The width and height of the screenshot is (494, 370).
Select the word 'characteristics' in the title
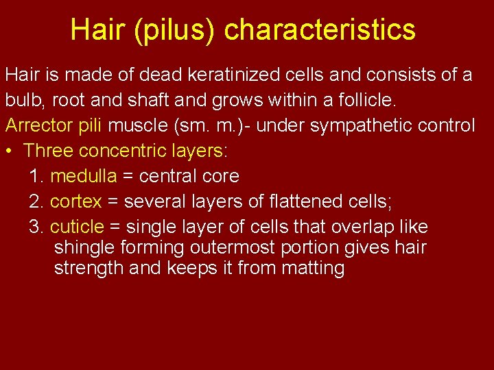tap(320, 29)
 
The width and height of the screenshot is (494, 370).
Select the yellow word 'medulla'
tap(84, 176)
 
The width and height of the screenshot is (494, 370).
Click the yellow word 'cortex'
tap(76, 201)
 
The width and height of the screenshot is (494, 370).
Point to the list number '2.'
tap(37, 201)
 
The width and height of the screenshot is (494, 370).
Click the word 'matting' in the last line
tap(313, 268)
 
